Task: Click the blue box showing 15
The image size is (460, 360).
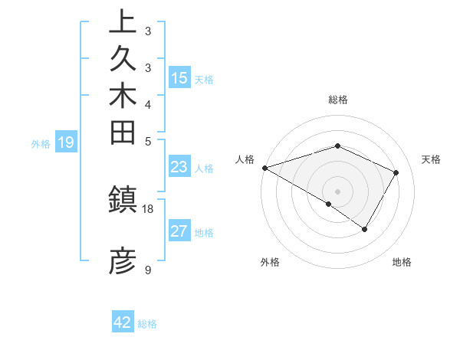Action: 179,77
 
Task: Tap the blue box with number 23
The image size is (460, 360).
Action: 179,168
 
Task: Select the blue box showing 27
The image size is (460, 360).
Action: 179,231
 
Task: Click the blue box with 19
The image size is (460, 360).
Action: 66,142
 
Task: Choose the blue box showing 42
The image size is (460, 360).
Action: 123,322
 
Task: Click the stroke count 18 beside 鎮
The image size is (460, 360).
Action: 148,208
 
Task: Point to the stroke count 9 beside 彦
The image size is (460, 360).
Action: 147,270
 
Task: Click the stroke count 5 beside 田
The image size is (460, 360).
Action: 147,141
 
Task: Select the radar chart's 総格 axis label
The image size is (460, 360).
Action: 337,100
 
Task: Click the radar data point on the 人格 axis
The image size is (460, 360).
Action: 264,167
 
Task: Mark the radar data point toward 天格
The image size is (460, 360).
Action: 396,172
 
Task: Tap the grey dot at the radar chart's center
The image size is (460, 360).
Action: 337,191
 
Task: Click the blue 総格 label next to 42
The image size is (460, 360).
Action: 147,323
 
